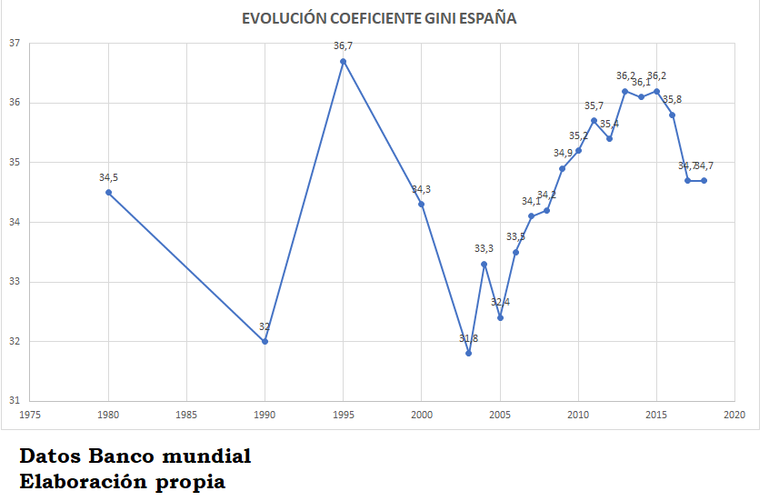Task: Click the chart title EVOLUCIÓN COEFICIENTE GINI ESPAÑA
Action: point(379,18)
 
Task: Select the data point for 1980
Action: point(109,192)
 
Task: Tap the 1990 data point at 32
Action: point(265,341)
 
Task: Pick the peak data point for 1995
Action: point(344,61)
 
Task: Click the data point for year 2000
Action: point(422,204)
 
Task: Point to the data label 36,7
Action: point(344,45)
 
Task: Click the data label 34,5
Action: point(109,177)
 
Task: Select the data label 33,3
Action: point(484,248)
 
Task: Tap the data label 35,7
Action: point(594,105)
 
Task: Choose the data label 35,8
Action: point(673,99)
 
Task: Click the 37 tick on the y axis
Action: point(14,43)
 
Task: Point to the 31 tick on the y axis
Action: point(14,401)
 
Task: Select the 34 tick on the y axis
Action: point(14,222)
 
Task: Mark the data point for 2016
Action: point(673,115)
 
